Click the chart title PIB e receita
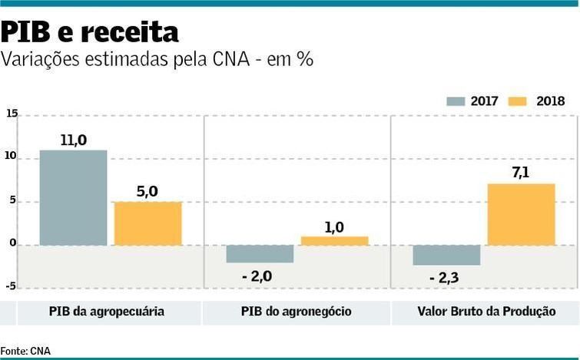(x=90, y=31)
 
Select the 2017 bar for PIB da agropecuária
(x=73, y=197)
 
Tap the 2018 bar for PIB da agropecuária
(x=147, y=223)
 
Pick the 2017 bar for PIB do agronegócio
(x=260, y=254)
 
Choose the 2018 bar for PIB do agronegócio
(x=334, y=241)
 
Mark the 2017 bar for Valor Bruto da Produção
(x=446, y=255)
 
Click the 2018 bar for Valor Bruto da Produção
(x=521, y=214)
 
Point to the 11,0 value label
(x=73, y=140)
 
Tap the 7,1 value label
(x=521, y=173)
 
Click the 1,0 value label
(x=334, y=227)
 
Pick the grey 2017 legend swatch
(x=456, y=101)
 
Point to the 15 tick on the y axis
(x=12, y=114)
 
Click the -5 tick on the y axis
(x=11, y=286)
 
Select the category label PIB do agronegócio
(x=296, y=312)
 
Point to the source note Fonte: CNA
(x=25, y=351)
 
